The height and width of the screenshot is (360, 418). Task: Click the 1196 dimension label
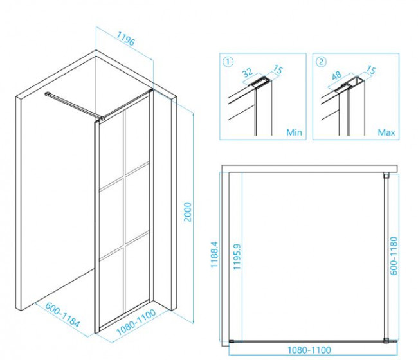pyautogui.click(x=126, y=39)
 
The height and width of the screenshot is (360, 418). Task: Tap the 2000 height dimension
pyautogui.click(x=188, y=212)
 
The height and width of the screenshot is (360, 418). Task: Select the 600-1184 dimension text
pyautogui.click(x=62, y=315)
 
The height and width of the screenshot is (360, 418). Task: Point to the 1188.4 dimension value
pyautogui.click(x=214, y=255)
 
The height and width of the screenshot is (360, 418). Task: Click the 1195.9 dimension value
pyautogui.click(x=237, y=256)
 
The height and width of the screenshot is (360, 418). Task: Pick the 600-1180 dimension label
pyautogui.click(x=394, y=256)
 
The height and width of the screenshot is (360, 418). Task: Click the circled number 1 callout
pyautogui.click(x=228, y=62)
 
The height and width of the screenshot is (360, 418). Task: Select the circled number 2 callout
pyautogui.click(x=321, y=62)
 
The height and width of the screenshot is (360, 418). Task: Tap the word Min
pyautogui.click(x=295, y=132)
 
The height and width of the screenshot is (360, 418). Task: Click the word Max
pyautogui.click(x=386, y=132)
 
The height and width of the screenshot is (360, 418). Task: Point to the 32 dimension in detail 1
pyautogui.click(x=248, y=73)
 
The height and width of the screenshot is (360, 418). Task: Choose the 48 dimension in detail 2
pyautogui.click(x=336, y=75)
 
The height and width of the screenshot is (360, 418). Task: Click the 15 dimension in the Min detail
pyautogui.click(x=278, y=70)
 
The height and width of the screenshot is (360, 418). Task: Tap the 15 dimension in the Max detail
pyautogui.click(x=371, y=70)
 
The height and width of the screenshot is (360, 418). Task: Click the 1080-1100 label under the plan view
pyautogui.click(x=309, y=350)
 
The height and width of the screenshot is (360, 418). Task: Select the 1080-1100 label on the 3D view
pyautogui.click(x=136, y=322)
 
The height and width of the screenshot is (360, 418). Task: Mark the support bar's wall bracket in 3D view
pyautogui.click(x=48, y=94)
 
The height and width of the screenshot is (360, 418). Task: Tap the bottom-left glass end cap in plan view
pyautogui.click(x=232, y=341)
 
